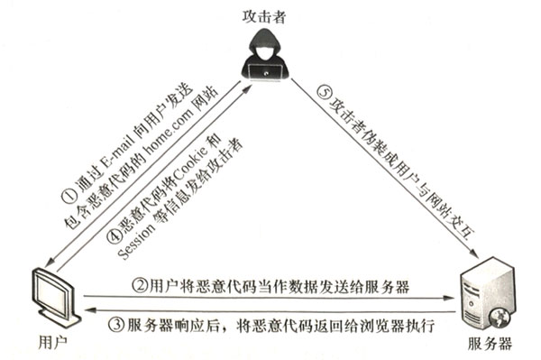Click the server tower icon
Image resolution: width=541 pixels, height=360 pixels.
pos(483,293)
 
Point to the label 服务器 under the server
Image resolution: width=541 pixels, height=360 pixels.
pos(491,345)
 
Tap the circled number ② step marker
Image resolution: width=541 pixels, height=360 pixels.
pos(140,287)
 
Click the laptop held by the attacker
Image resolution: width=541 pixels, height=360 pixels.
pos(266,70)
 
